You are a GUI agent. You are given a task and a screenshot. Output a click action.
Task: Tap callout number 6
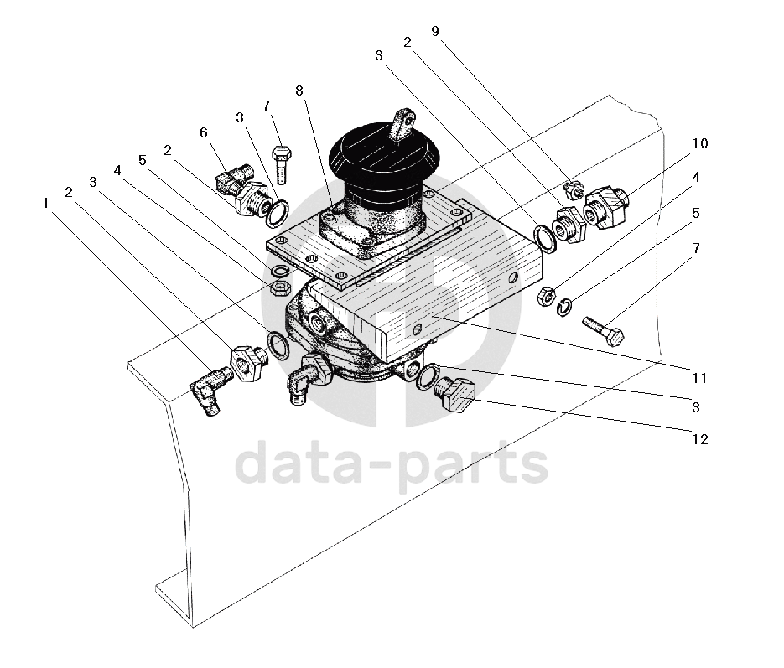[204, 132]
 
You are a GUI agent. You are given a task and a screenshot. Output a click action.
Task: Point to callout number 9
[434, 31]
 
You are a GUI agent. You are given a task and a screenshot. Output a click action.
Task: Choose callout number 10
[700, 143]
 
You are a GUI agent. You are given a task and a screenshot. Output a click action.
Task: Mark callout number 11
[700, 378]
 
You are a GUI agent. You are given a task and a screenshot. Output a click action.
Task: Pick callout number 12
[700, 438]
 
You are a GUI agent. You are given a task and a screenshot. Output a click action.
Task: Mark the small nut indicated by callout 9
[573, 189]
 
